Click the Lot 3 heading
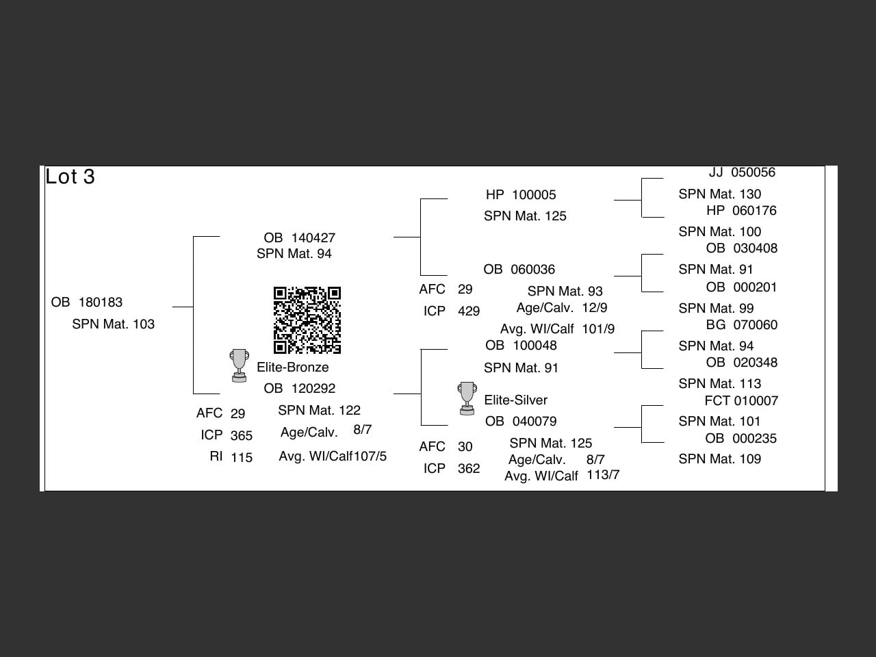70,177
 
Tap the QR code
307,320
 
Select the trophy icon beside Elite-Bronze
239,365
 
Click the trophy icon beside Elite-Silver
467,398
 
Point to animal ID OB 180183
87,302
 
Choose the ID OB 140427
300,238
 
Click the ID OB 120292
300,389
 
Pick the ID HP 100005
521,195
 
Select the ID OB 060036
519,270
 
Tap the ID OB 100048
521,346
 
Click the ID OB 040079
521,422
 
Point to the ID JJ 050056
742,172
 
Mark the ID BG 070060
742,325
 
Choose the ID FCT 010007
741,401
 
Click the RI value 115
242,458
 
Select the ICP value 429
469,311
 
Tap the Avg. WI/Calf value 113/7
603,475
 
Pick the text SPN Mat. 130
720,194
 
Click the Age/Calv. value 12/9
595,308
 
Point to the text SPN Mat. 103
114,324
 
